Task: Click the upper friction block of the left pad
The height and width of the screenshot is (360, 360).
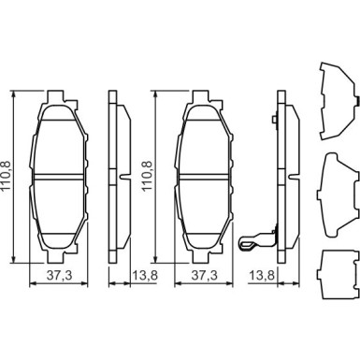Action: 59,140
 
